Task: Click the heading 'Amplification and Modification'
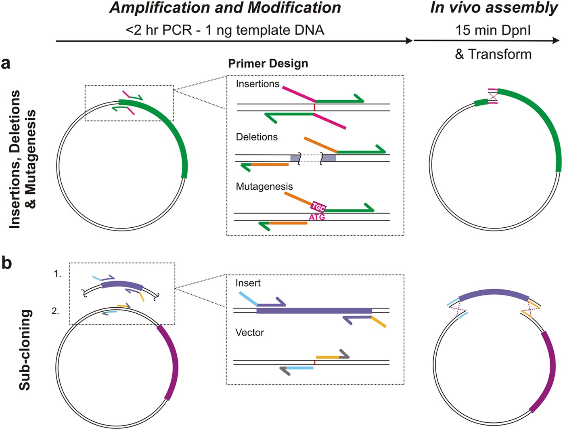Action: coord(225,8)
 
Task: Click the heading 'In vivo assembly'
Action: coord(494,8)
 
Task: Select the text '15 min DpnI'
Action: coord(493,30)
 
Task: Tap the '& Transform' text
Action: coord(493,54)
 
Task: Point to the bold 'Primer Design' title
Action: coord(268,64)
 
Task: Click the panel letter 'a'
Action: coord(6,63)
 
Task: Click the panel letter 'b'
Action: coord(6,263)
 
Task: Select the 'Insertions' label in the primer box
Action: coord(257,84)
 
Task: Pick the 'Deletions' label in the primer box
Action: coord(257,137)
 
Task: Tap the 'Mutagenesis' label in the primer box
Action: coord(264,187)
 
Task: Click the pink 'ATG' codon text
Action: coord(317,218)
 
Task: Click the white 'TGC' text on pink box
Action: coord(318,208)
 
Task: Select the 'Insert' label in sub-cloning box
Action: coord(248,283)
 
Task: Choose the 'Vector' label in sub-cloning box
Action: coord(249,333)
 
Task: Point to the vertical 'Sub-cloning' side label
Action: coord(25,350)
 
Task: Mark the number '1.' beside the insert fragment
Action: coord(57,274)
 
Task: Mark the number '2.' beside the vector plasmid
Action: coord(55,311)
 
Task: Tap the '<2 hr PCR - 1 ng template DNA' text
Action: coord(225,30)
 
